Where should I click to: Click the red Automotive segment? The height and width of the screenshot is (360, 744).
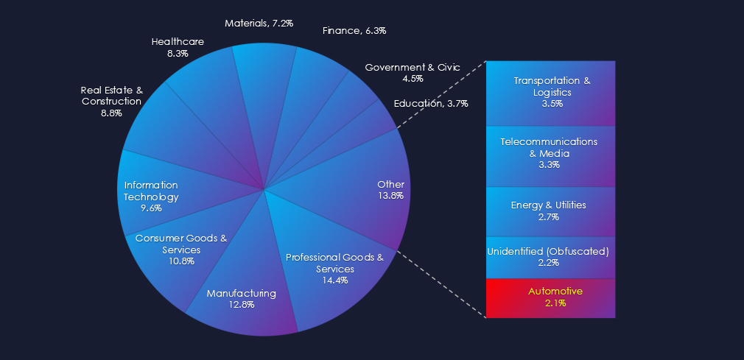[x=550, y=297]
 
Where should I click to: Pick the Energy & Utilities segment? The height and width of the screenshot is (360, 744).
[x=550, y=211]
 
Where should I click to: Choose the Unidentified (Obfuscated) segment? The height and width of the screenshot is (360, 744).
[x=550, y=257]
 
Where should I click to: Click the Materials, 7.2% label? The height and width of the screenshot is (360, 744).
[x=259, y=23]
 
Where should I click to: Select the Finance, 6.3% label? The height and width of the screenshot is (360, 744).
[x=354, y=30]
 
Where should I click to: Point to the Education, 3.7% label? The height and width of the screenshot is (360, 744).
[x=431, y=103]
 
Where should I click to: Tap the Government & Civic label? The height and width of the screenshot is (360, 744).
[x=413, y=67]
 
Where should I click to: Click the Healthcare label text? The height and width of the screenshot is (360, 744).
[x=178, y=41]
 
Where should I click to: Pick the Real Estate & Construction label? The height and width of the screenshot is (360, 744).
[x=111, y=96]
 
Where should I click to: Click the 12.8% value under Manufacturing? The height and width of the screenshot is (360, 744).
[x=242, y=305]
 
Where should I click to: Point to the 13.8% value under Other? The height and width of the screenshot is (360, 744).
[x=390, y=196]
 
